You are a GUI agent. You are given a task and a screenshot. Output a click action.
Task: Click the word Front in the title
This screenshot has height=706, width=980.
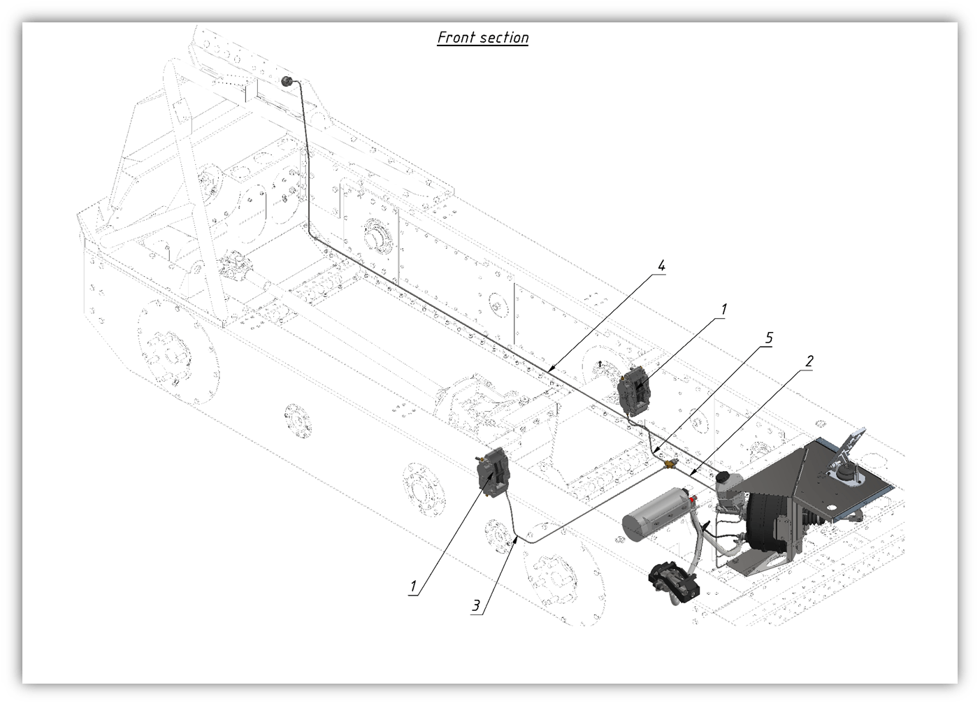coord(455,37)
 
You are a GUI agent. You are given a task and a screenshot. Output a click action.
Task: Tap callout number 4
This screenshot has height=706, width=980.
coord(661,266)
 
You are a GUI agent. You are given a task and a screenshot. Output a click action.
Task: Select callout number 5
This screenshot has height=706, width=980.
coord(768,338)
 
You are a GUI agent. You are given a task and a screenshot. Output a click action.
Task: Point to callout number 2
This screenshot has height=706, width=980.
coord(809,361)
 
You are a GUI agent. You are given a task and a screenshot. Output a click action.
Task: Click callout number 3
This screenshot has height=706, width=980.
coord(475,605)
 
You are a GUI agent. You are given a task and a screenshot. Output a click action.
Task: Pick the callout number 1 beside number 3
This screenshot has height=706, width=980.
coord(413,586)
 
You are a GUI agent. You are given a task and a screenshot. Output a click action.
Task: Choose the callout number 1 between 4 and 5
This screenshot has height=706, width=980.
coord(723,309)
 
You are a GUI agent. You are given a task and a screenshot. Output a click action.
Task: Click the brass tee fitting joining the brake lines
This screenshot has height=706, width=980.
coord(670,463)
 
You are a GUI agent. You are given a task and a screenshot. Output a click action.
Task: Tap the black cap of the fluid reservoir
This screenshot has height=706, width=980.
coord(724,475)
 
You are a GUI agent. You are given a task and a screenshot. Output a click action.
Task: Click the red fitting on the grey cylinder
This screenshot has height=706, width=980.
coord(693,499)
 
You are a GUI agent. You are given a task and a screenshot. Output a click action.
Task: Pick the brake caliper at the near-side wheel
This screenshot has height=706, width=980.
coord(493,473)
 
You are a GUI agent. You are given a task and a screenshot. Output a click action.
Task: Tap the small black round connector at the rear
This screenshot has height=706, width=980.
coord(287,81)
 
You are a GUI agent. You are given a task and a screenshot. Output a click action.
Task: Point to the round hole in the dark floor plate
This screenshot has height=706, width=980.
coord(831,508)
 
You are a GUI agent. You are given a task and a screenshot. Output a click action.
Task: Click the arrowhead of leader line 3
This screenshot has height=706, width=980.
coord(517,538)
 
